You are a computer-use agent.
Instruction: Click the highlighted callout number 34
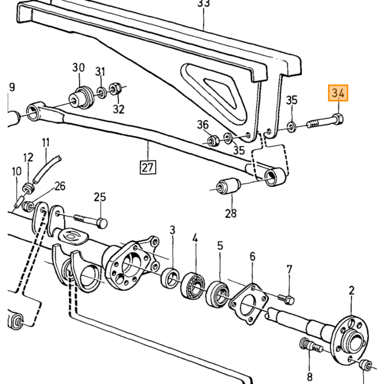(338, 93)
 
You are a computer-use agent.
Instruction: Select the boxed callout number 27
(148, 167)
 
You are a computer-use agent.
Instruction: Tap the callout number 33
(204, 3)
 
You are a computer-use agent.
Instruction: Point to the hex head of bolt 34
(338, 119)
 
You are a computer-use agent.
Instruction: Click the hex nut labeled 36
(213, 141)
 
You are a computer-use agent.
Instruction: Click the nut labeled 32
(115, 89)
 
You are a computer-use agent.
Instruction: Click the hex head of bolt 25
(102, 223)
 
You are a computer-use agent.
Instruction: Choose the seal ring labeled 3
(170, 278)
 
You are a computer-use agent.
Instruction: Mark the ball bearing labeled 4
(194, 285)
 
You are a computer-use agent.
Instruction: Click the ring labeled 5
(218, 294)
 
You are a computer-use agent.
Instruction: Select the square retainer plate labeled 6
(249, 304)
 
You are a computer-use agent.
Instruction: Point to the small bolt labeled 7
(286, 300)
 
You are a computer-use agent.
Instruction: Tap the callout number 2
(352, 291)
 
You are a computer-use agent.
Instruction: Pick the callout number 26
(60, 186)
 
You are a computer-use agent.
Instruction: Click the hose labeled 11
(47, 170)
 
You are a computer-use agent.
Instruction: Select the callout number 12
(28, 157)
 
